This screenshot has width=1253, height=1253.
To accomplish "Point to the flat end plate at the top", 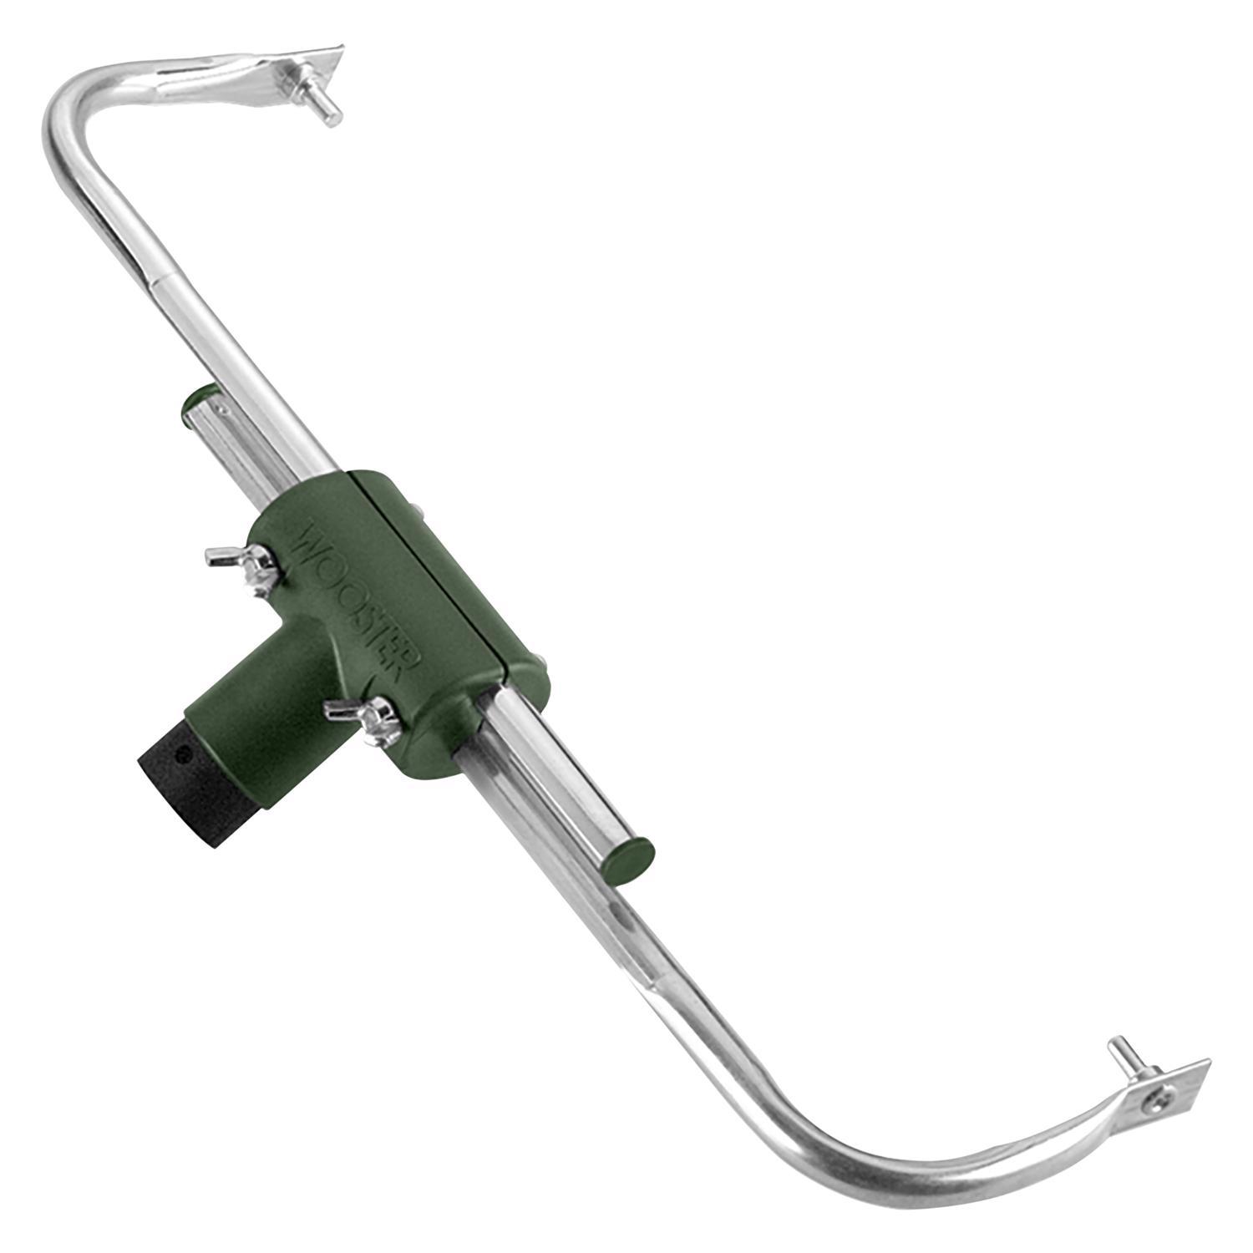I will [322, 71].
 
